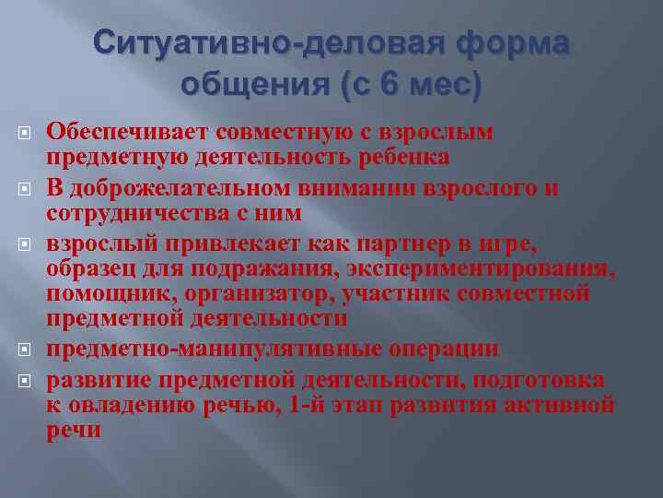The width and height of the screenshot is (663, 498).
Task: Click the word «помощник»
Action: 99,295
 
